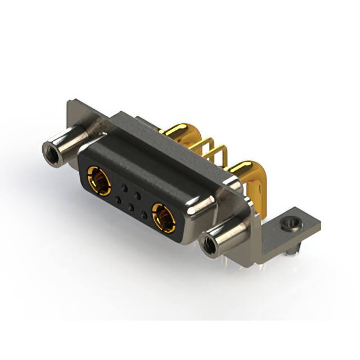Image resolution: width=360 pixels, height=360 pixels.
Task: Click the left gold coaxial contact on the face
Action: (98, 181)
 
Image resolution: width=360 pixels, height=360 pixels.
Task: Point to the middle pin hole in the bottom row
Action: (130, 207)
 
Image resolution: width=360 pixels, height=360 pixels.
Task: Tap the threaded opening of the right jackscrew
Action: (208, 245)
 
